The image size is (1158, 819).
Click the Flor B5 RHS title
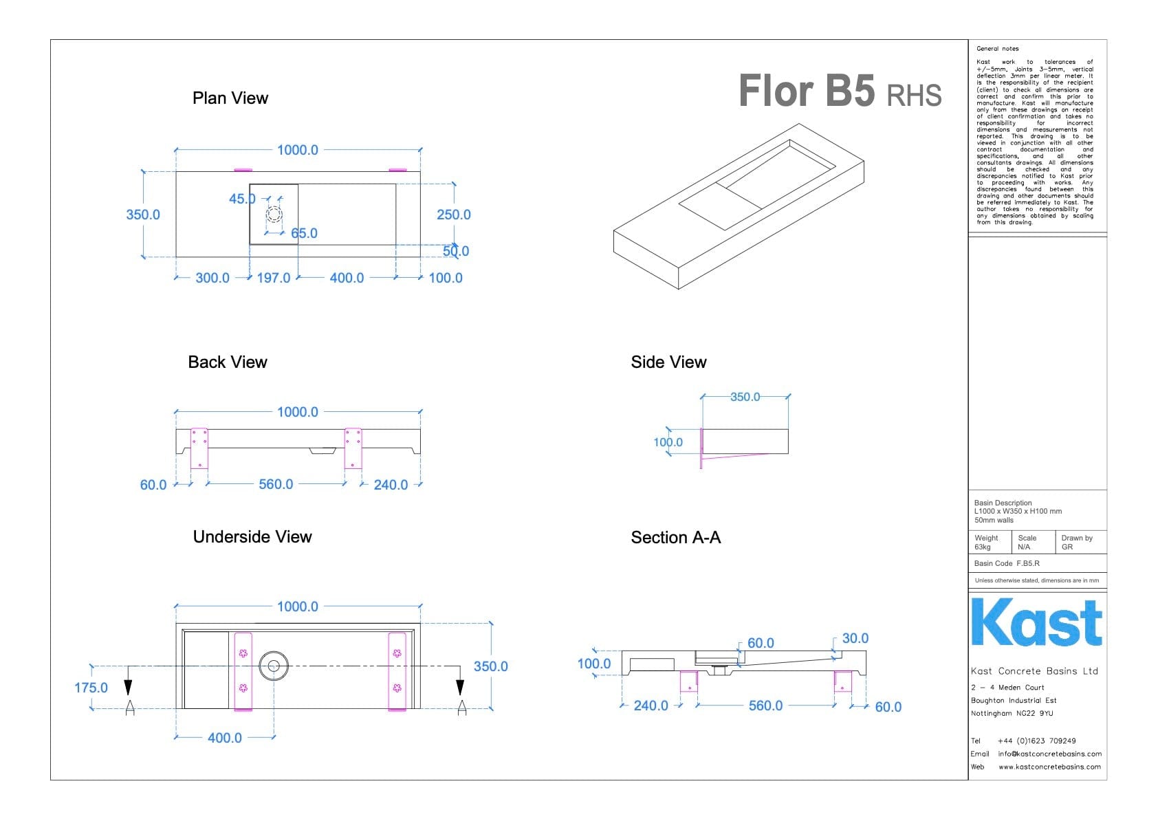point(840,91)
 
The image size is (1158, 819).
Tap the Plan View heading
point(230,98)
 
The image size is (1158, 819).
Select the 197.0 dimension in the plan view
point(274,278)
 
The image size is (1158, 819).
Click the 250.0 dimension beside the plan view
point(454,215)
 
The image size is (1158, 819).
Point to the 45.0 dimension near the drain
point(242,199)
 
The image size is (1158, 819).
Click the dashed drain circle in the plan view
point(274,214)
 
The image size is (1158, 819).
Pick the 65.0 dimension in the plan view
point(304,233)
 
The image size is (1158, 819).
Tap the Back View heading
point(228,362)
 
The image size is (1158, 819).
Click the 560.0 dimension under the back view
point(276,484)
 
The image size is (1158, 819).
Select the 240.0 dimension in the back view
point(391,485)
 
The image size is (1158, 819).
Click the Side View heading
point(668,362)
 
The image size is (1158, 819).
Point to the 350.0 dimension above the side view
point(745,397)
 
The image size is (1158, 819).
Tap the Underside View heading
point(252,537)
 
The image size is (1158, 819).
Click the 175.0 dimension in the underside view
point(91,688)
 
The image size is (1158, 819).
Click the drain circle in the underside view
point(274,666)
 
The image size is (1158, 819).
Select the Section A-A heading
point(676,538)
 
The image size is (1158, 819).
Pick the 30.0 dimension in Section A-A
point(855,638)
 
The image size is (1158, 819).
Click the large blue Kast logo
point(1036,622)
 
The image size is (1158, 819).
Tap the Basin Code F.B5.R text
point(1007,563)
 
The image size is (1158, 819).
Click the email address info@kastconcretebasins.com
point(1049,754)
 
